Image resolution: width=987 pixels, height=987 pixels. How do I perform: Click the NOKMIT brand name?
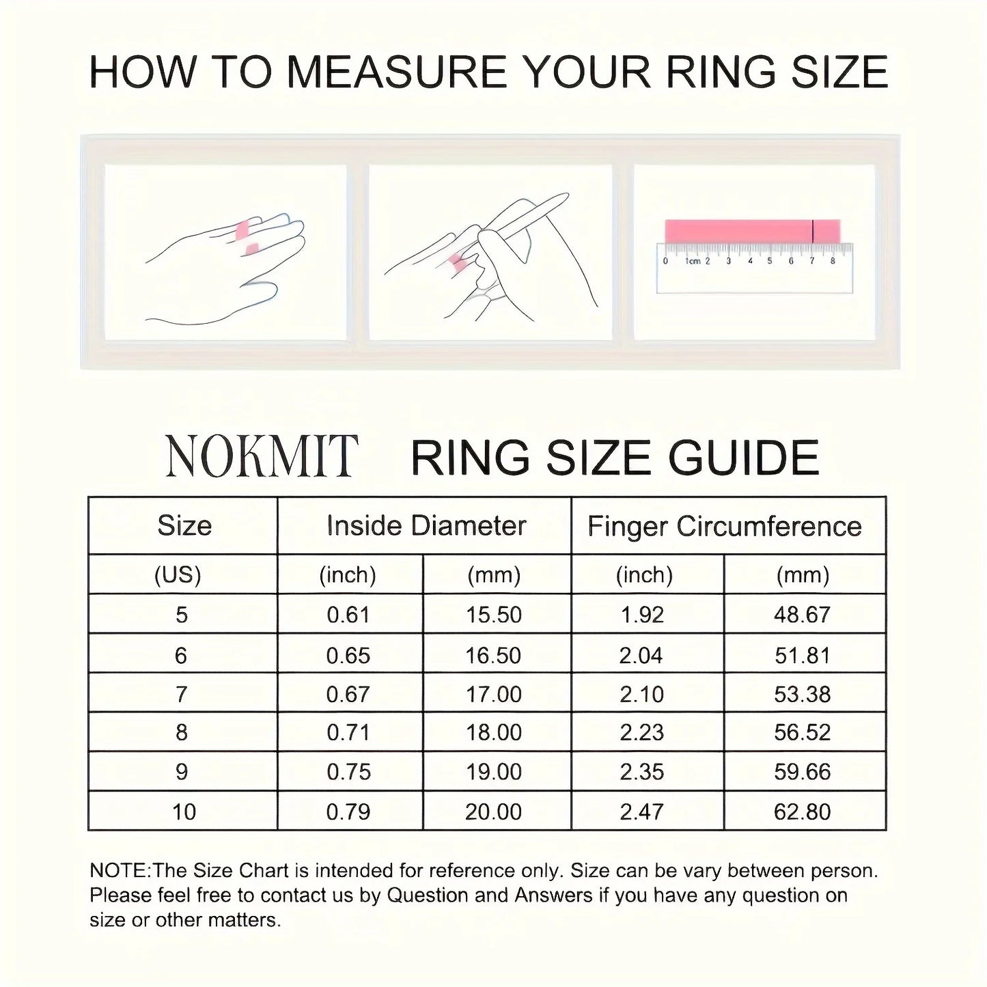pos(262,456)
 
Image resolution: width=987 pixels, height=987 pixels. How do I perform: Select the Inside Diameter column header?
pos(426,525)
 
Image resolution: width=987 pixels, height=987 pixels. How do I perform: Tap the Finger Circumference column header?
pos(725,526)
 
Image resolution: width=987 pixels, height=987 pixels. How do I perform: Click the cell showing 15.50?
pos(494,615)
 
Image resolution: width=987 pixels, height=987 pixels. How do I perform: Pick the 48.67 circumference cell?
pos(802,615)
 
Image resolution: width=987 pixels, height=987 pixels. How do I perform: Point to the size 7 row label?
pos(181,694)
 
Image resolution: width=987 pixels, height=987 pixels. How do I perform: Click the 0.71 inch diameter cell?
pos(348,732)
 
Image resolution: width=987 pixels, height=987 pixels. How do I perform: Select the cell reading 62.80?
pos(802,811)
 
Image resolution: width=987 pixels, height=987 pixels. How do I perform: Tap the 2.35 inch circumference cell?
pos(641,772)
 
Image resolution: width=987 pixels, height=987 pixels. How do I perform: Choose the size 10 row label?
pos(184,811)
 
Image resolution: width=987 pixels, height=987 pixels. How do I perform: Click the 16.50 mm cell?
pos(493,655)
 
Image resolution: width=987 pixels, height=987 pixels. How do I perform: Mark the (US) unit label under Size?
pos(178,575)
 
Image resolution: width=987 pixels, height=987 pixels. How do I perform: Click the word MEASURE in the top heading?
pos(396,72)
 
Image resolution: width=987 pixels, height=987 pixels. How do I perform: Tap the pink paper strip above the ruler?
pos(738,231)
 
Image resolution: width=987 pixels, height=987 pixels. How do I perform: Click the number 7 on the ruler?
pos(812,261)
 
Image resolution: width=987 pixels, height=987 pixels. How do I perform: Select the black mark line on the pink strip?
pos(813,231)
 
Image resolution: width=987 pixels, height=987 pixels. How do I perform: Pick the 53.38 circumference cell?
pos(802,694)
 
